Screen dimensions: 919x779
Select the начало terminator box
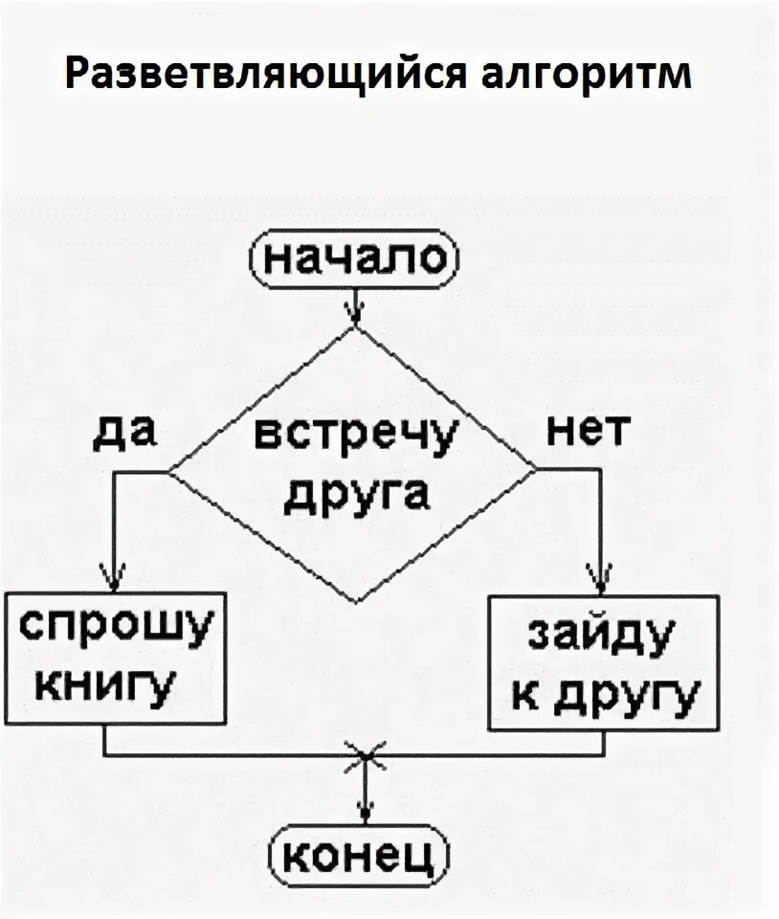click(356, 258)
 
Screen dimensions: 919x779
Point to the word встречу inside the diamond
click(356, 438)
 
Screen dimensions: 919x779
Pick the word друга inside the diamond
click(358, 495)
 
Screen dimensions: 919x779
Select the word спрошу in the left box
click(115, 630)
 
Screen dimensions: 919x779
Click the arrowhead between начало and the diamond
click(356, 313)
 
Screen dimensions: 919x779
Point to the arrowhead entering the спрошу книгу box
click(114, 580)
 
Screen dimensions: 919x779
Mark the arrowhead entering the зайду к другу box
click(603, 580)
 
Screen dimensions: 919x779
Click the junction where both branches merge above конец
click(365, 756)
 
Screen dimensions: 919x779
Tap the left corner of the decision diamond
click(170, 470)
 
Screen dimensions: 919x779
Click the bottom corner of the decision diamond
click(356, 603)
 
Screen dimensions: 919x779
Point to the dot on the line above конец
click(365, 814)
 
